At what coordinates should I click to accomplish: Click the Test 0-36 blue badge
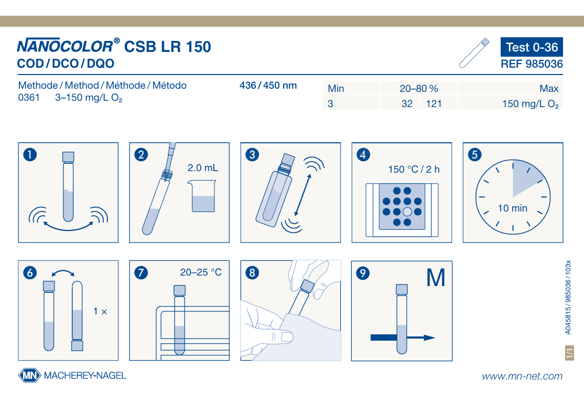(x=532, y=47)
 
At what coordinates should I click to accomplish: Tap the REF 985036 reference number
(x=532, y=64)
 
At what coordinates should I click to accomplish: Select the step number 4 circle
(x=363, y=154)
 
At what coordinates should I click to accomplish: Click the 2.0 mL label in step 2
(x=202, y=168)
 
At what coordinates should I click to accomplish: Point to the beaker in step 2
(x=202, y=196)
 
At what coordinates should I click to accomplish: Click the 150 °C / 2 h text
(x=414, y=170)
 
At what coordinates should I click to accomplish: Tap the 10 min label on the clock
(x=513, y=208)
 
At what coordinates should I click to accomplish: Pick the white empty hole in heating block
(x=407, y=212)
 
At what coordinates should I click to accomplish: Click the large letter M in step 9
(x=436, y=278)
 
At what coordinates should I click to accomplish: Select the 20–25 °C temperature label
(x=201, y=272)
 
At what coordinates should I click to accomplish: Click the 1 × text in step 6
(x=100, y=311)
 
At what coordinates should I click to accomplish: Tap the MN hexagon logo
(x=29, y=375)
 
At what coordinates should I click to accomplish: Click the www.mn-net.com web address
(x=522, y=376)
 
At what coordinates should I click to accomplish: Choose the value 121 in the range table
(x=434, y=104)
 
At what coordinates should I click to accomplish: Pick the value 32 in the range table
(x=407, y=104)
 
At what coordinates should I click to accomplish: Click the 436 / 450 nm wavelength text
(x=268, y=86)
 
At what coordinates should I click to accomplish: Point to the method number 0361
(x=29, y=98)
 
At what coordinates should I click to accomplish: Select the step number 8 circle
(x=252, y=272)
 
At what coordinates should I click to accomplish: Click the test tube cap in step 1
(x=68, y=156)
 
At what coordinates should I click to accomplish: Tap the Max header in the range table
(x=549, y=88)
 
